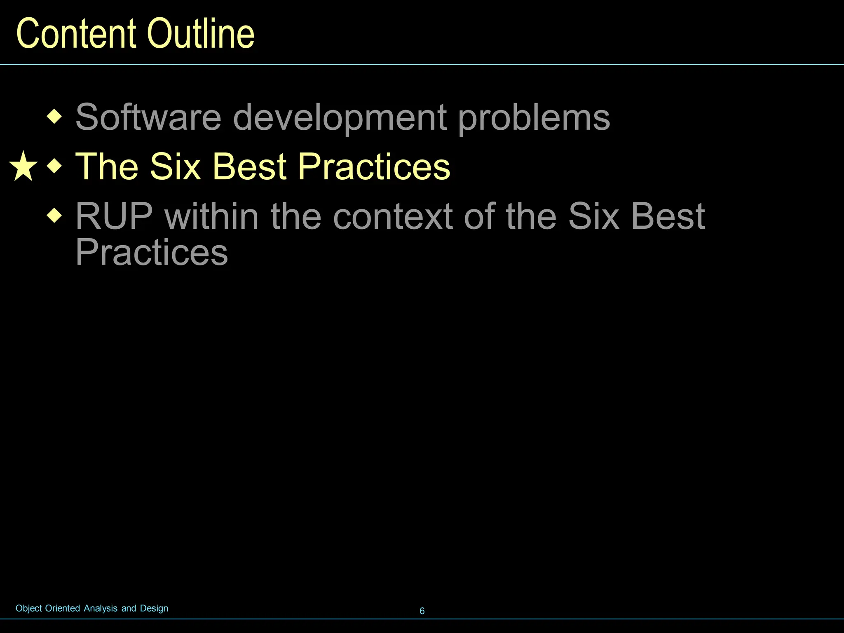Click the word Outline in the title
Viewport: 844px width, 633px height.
coord(201,34)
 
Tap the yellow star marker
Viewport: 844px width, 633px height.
coord(23,166)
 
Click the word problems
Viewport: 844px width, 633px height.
coord(534,119)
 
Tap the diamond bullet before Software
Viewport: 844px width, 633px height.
coord(54,117)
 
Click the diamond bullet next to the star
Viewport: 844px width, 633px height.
coord(54,166)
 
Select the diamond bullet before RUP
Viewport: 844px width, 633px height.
coord(54,216)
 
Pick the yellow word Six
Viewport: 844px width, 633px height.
coord(175,166)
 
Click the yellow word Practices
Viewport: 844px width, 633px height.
coord(374,166)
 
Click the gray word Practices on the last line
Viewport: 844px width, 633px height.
coord(151,252)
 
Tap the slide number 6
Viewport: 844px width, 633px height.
coord(422,611)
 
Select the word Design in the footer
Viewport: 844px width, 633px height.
coord(154,609)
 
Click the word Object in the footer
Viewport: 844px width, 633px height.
coord(28,609)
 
